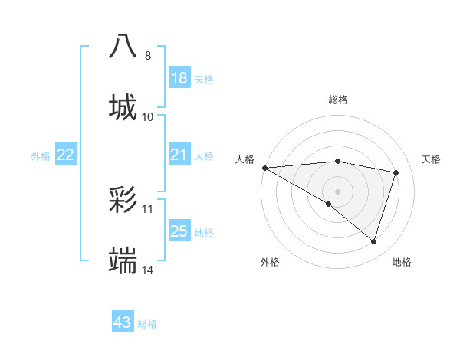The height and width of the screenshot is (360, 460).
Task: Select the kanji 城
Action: [123, 106]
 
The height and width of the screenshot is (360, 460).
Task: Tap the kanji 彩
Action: [123, 201]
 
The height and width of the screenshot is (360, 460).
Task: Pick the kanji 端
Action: [123, 261]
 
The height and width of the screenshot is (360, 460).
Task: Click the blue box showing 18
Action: [179, 78]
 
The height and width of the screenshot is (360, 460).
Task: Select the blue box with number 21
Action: [179, 155]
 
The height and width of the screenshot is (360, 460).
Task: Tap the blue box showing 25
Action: [179, 231]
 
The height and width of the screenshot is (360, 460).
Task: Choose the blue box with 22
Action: [66, 155]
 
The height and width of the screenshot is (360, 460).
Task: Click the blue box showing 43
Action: [123, 322]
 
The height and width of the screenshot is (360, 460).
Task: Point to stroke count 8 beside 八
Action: [148, 56]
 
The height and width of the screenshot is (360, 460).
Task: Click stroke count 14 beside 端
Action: [148, 270]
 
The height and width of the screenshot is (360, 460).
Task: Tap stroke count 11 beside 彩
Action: [148, 208]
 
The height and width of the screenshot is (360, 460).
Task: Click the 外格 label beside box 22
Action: [41, 156]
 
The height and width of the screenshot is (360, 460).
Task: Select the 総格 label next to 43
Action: [147, 324]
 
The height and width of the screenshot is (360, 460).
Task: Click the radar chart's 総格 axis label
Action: [338, 100]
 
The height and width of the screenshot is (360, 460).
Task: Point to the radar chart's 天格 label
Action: [432, 159]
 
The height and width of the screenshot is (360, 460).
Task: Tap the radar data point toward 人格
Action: [264, 168]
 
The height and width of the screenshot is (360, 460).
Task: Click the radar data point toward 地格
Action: [373, 242]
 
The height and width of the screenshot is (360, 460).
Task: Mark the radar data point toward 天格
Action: [396, 172]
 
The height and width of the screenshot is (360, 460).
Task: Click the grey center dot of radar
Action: [338, 191]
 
